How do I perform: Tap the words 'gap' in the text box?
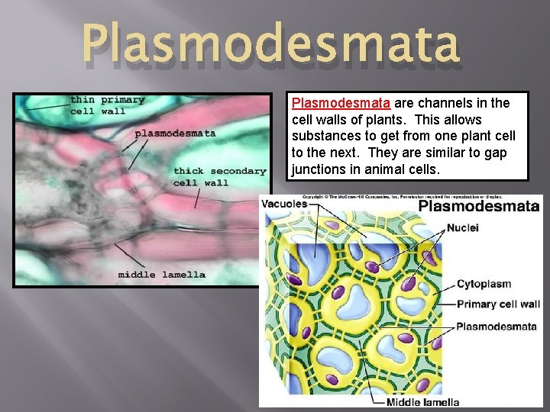496,153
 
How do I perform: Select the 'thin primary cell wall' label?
107,105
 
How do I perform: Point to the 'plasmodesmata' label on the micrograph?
175,133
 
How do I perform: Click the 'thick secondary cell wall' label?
219,176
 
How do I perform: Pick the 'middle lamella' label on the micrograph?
161,275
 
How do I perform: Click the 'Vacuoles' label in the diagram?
284,204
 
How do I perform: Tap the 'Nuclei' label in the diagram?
463,227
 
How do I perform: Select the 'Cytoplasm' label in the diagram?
484,284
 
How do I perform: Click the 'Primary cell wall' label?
498,304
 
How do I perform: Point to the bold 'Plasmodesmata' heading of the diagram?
479,206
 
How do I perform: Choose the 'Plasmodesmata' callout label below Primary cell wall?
496,327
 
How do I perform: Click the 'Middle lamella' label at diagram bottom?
422,402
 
